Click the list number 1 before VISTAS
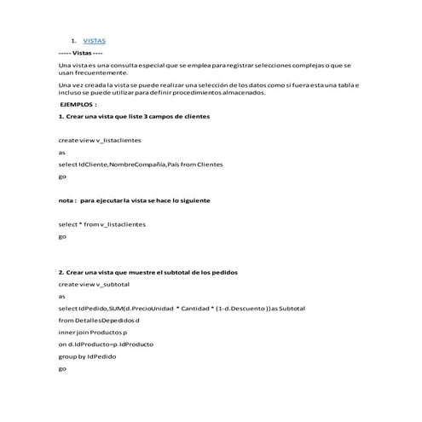pyautogui.click(x=73, y=41)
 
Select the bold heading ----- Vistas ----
pyautogui.click(x=81, y=53)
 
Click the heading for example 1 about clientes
pyautogui.click(x=133, y=115)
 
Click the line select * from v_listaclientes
pyautogui.click(x=101, y=224)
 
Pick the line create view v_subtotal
pyautogui.click(x=93, y=283)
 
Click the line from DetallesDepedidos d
pyautogui.click(x=98, y=320)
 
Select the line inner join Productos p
pyautogui.click(x=92, y=332)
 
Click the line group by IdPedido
pyautogui.click(x=87, y=356)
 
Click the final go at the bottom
pyautogui.click(x=61, y=368)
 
